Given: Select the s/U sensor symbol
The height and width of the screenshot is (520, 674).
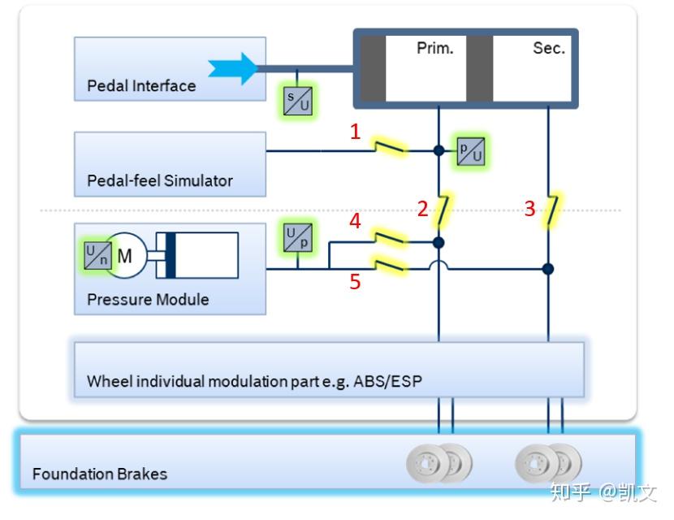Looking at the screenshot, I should click(x=297, y=101).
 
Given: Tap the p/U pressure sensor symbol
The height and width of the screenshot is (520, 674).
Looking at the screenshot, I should click(x=470, y=152).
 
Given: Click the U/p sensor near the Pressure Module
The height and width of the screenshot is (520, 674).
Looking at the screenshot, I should click(x=297, y=237).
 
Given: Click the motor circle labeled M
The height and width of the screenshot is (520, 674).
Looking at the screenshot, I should click(x=126, y=256).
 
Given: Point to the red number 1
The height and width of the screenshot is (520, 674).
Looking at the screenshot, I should click(x=355, y=132).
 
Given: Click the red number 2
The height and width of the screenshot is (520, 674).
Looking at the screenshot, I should click(x=422, y=209).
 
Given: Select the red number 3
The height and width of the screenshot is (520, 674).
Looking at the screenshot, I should click(x=529, y=209).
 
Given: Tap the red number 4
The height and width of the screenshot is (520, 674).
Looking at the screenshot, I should click(x=355, y=220).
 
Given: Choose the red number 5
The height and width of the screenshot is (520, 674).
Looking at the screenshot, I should click(x=355, y=282).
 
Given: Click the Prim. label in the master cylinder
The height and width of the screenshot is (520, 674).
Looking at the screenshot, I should click(x=434, y=48).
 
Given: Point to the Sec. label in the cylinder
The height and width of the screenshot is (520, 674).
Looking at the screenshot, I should click(x=549, y=48).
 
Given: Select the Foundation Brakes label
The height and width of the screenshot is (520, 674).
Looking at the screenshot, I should click(x=100, y=473).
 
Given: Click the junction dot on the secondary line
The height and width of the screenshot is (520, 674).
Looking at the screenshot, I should click(x=548, y=269).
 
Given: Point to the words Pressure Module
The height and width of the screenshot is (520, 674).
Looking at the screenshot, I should click(x=148, y=299).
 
